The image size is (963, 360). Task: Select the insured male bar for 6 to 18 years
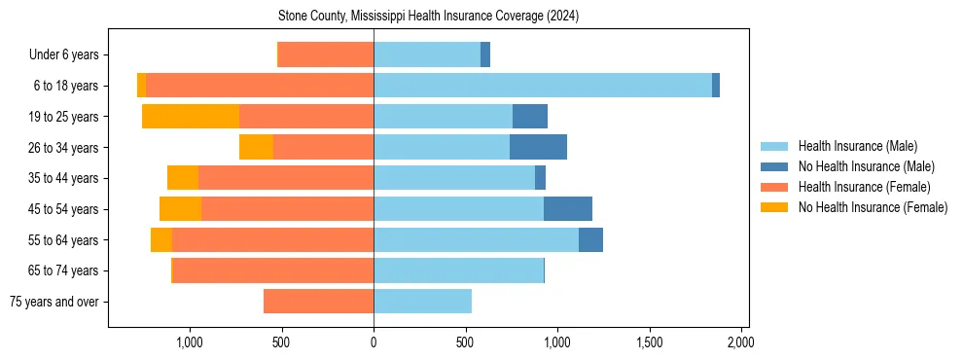[543, 86]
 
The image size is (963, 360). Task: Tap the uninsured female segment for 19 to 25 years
[191, 117]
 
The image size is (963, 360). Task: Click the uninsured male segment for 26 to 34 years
[538, 147]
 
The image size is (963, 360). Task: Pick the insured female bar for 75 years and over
[318, 302]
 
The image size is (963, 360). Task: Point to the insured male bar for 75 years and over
[422, 302]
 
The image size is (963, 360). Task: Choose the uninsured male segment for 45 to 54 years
[568, 209]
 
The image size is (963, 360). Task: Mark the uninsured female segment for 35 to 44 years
[183, 178]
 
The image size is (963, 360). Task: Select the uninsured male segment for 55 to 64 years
[590, 239]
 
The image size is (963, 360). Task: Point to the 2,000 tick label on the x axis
[741, 342]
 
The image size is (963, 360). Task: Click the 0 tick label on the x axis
[374, 342]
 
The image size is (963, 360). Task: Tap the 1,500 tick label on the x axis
[650, 342]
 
